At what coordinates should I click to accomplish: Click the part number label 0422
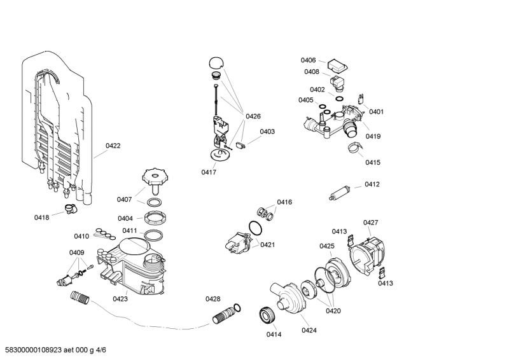113,146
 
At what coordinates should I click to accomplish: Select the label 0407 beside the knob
124,199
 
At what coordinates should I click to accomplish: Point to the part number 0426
253,116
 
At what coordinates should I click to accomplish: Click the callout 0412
372,184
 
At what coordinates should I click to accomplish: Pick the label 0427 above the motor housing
370,222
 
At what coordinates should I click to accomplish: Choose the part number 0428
213,299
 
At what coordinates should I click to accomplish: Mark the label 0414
274,334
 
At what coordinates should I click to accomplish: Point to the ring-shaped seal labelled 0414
267,315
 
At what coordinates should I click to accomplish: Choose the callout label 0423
120,298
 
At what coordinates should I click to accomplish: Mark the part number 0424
309,330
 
